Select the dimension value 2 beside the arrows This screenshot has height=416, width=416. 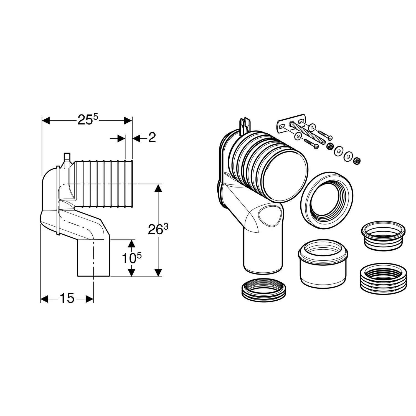[152, 138]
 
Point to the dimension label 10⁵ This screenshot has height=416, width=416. [131, 258]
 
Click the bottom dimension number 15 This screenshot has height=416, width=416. [67, 299]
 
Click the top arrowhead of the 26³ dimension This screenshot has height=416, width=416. [158, 187]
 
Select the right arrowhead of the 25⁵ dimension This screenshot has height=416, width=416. [128, 121]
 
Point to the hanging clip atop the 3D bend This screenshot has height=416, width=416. [245, 125]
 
